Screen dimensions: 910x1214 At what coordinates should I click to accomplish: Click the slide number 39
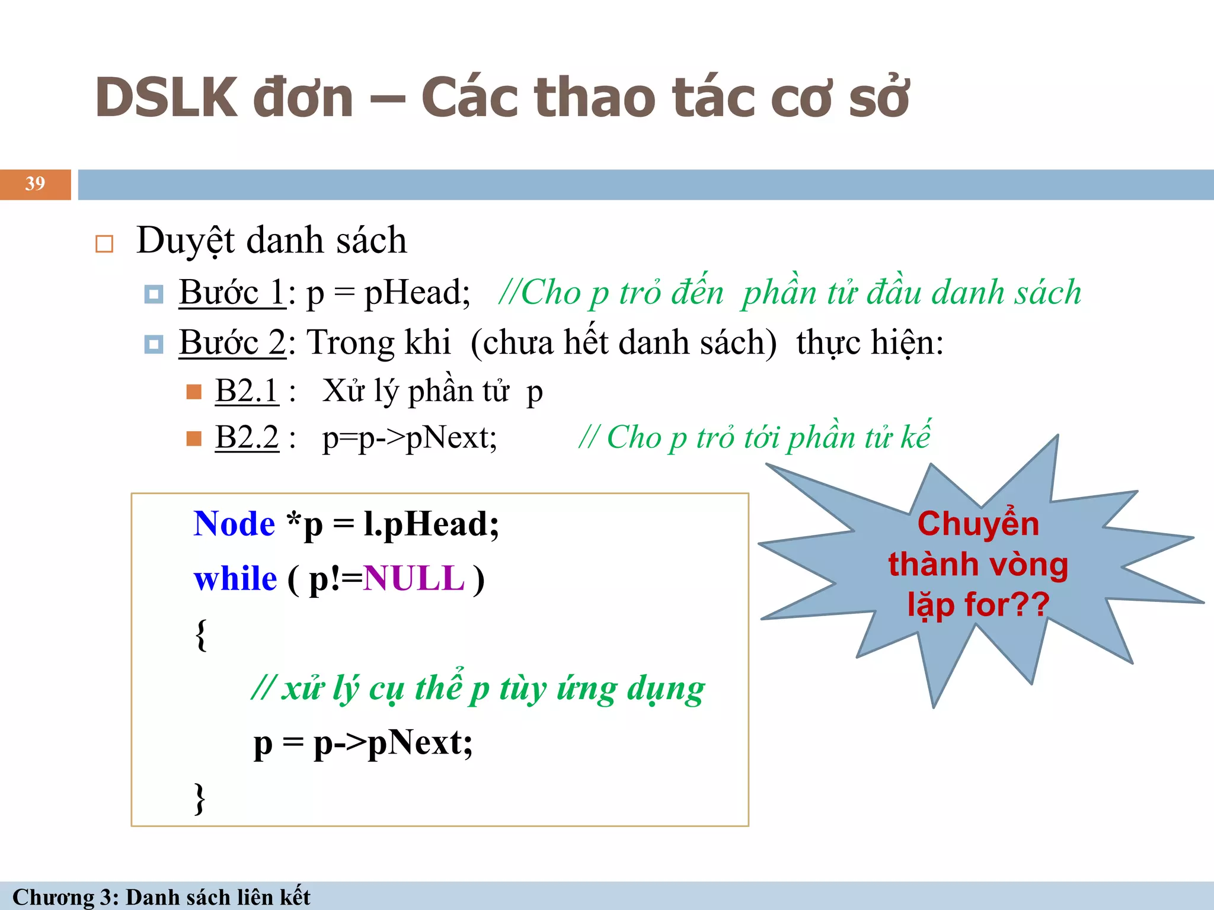click(x=35, y=184)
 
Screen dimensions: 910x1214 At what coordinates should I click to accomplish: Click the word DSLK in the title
click(x=166, y=98)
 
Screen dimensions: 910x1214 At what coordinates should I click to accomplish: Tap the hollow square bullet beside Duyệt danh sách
click(x=104, y=243)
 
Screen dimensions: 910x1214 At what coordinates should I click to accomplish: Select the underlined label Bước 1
click(x=232, y=293)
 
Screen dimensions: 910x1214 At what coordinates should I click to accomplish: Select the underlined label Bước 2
click(x=232, y=343)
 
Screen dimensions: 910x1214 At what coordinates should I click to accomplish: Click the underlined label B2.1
click(x=247, y=392)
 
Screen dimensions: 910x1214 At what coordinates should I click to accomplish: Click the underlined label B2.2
click(x=247, y=438)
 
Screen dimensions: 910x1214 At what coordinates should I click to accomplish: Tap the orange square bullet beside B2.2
click(x=194, y=438)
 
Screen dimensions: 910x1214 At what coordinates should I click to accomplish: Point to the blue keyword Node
click(x=234, y=524)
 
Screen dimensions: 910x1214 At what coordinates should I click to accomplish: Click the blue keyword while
click(x=235, y=579)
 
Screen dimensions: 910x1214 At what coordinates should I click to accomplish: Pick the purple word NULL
click(x=414, y=579)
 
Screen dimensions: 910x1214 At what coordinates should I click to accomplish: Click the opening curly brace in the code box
click(x=201, y=635)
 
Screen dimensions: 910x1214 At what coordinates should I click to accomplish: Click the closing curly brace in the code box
click(x=200, y=799)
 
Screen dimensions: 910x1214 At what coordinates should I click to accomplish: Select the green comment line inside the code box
click(x=478, y=689)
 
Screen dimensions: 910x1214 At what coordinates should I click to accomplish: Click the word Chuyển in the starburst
click(x=978, y=524)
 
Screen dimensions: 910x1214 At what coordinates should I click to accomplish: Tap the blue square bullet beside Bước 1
click(x=154, y=294)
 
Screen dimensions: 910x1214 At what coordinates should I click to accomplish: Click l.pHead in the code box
click(x=431, y=524)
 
